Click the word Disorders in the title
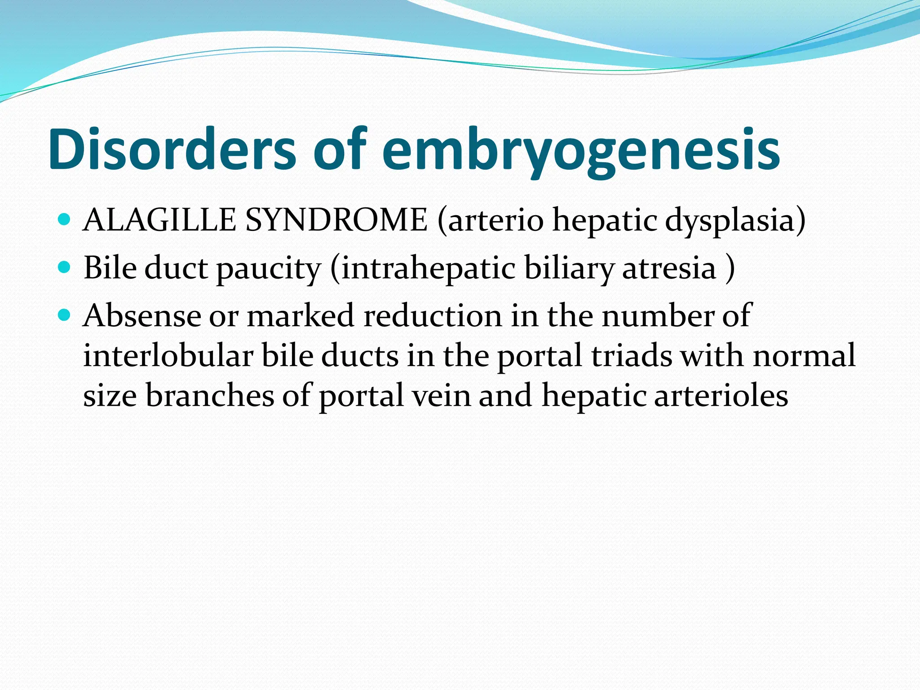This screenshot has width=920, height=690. (172, 149)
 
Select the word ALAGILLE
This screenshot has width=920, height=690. (160, 220)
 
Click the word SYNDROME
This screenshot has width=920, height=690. (336, 220)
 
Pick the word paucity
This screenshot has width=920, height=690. (269, 269)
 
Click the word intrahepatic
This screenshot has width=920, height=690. (428, 269)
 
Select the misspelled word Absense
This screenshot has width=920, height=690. (142, 315)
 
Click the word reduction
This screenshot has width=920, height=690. (432, 315)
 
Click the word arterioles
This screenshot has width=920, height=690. (721, 395)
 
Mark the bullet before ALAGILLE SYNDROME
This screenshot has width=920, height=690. (65, 220)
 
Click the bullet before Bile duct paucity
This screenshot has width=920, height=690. (65, 268)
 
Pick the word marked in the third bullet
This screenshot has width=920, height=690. (301, 315)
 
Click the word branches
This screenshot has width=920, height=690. (210, 395)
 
